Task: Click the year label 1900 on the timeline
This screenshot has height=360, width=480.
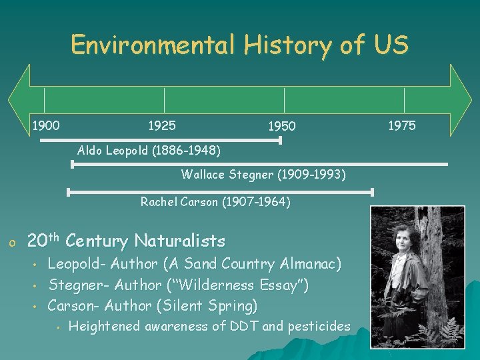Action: [x=46, y=125]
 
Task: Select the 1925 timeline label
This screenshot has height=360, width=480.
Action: [x=162, y=125]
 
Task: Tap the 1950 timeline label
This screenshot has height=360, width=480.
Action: [x=281, y=125]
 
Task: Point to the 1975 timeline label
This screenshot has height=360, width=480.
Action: [x=401, y=125]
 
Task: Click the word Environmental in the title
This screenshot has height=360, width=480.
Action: [x=153, y=45]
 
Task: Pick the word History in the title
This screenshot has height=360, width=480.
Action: [x=287, y=45]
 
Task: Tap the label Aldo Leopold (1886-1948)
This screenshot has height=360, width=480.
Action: [x=149, y=150]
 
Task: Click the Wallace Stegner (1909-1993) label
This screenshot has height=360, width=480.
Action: [x=263, y=175]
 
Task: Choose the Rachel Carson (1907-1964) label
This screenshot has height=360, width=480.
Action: [x=215, y=201]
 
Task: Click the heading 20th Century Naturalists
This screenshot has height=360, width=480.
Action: [x=126, y=241]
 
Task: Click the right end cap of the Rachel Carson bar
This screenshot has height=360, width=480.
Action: [x=372, y=192]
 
